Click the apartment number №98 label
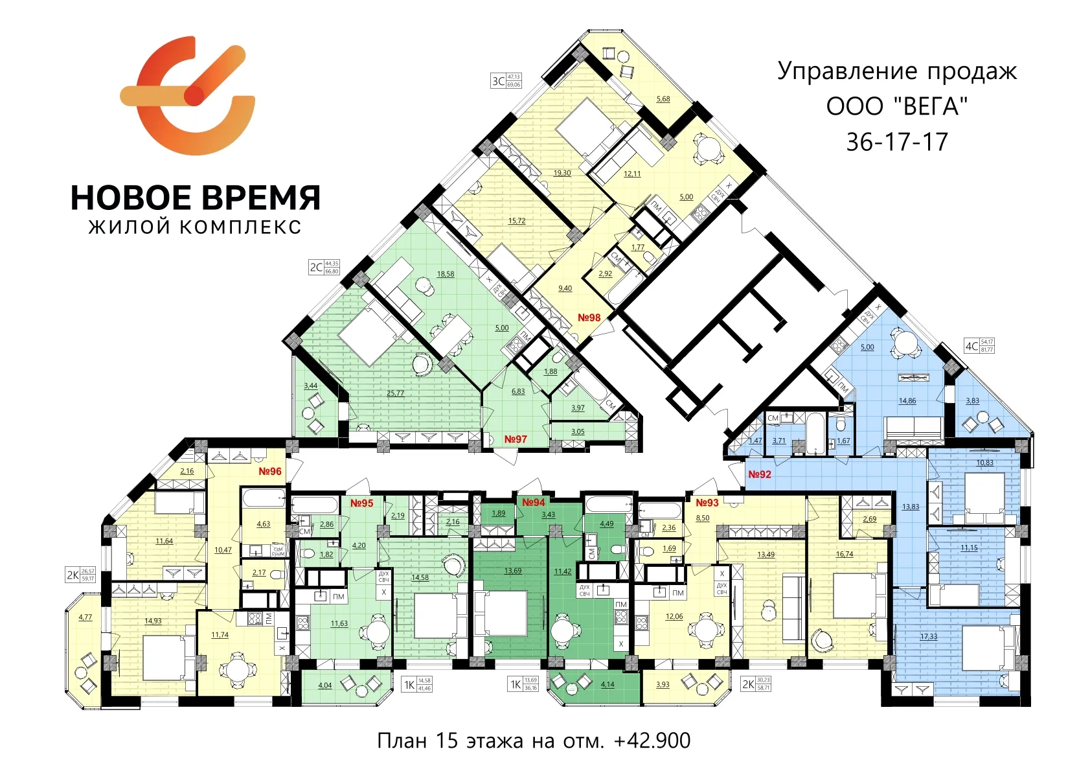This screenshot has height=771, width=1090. click(589, 317)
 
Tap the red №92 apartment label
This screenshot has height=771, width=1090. click(760, 474)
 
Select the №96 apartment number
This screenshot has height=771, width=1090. click(270, 471)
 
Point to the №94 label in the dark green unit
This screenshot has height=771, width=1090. click(534, 502)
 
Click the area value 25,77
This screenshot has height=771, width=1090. click(395, 393)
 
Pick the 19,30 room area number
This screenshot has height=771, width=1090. click(562, 173)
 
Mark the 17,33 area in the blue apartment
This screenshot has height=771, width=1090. click(929, 636)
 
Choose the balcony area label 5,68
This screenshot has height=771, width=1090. click(663, 99)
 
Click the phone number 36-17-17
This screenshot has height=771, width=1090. click(897, 142)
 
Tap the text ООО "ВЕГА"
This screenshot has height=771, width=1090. click(897, 106)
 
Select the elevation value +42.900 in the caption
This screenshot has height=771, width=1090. click(652, 741)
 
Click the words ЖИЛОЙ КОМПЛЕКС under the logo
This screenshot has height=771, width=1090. click(195, 227)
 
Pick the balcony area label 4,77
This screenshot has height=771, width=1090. click(85, 617)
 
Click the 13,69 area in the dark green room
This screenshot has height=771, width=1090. click(512, 571)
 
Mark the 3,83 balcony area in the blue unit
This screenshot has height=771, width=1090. click(972, 400)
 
